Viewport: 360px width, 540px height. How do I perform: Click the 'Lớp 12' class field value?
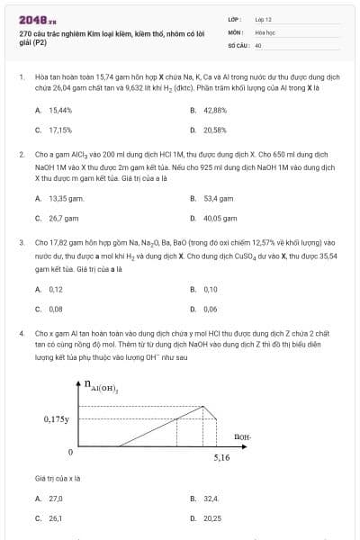(264, 18)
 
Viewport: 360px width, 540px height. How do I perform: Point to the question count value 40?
(258, 44)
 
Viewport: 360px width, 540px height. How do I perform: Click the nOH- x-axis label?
(241, 437)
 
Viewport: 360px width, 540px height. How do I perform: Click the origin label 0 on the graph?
(70, 449)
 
